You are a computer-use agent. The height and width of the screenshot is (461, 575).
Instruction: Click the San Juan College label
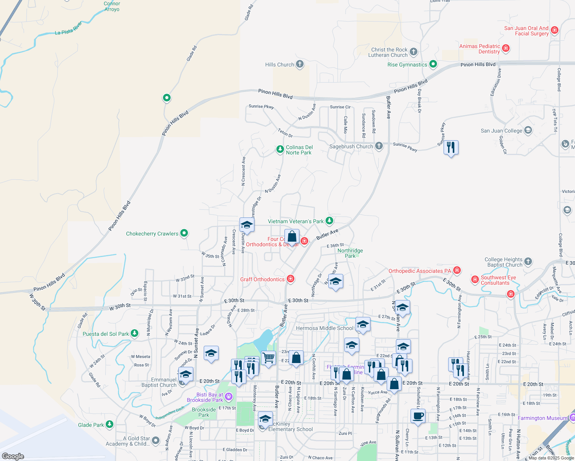point(501,131)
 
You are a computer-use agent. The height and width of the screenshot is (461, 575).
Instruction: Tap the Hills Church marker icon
point(300,64)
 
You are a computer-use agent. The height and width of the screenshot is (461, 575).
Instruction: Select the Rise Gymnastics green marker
point(433,64)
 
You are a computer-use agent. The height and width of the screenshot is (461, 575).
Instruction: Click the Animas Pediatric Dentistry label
point(480,49)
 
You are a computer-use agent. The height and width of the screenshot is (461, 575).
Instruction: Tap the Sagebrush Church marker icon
point(379,146)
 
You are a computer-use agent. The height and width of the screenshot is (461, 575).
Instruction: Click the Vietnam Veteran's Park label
point(296,221)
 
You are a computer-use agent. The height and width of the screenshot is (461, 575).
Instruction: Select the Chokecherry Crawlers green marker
point(184,233)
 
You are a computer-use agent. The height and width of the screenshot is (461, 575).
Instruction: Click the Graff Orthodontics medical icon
point(291,279)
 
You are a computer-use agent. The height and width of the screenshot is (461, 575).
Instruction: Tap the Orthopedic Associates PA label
point(419,271)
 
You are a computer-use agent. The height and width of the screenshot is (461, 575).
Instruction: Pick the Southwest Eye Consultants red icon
point(475,279)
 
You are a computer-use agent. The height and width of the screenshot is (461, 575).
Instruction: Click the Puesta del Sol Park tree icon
point(134,333)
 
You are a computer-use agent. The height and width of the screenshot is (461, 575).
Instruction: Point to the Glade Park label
point(91,425)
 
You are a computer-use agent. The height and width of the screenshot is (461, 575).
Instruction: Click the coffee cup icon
point(418,416)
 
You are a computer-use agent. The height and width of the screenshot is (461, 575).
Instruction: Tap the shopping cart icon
point(268,358)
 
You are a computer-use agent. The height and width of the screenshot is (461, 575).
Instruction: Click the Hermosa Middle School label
point(324,328)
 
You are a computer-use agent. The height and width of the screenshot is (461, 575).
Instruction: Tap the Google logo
point(13,456)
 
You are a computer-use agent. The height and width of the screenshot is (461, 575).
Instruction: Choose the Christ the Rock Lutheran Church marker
point(414,51)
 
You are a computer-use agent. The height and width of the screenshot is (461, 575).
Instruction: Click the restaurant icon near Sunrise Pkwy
point(451,147)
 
